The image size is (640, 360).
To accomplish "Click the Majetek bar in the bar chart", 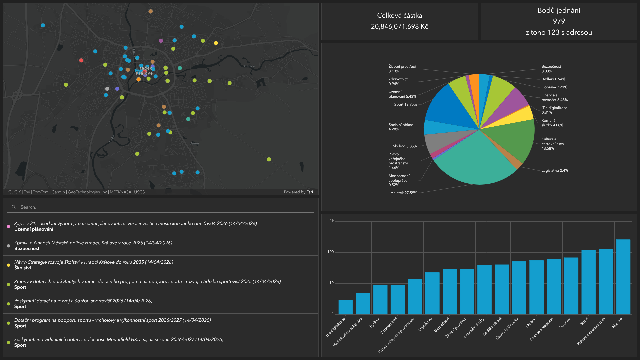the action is [623, 277].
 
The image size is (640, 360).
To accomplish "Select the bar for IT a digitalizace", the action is [345, 307].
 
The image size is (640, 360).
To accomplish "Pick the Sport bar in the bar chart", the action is [588, 282].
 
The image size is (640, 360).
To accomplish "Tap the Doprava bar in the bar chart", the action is [571, 286].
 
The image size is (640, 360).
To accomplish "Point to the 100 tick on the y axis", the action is [330, 252].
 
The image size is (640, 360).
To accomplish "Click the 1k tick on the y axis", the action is [332, 221].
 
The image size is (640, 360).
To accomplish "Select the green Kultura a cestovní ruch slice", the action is [513, 140].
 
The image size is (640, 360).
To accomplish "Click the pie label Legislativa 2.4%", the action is [555, 170].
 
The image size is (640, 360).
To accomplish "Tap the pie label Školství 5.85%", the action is [405, 146].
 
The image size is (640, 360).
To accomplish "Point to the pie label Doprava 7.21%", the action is [554, 87].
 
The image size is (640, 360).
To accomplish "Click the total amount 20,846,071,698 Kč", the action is [399, 26].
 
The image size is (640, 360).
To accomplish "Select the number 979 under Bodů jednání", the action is [559, 21].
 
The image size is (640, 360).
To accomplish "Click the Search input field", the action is [161, 207].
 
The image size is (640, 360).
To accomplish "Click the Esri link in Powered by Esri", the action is [310, 192].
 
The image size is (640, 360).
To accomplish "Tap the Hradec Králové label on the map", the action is [144, 71].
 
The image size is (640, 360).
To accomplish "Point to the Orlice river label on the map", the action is [249, 66].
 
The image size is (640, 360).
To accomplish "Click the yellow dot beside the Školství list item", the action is [8, 265].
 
